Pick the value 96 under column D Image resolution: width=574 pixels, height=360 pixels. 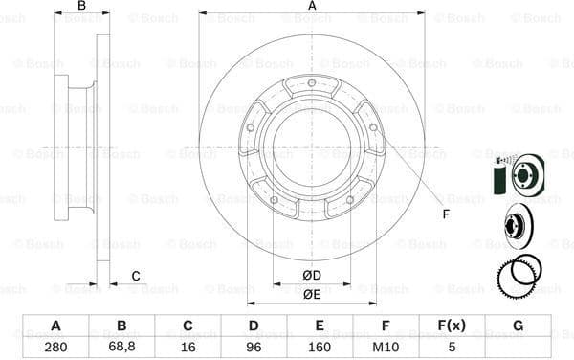(x=254, y=347)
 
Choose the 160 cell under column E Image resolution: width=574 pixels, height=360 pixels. (x=320, y=347)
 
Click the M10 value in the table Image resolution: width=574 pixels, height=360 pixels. (x=386, y=347)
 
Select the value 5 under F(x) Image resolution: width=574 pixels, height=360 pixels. (x=453, y=347)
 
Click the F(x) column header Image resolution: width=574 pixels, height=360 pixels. (x=453, y=326)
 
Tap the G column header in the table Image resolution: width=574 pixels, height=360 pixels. (x=518, y=326)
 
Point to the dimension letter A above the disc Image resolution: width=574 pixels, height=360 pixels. (x=312, y=7)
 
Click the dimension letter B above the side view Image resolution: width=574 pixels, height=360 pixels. (x=82, y=7)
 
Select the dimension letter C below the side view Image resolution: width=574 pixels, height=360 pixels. (x=136, y=276)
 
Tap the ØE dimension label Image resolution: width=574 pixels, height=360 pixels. (x=311, y=294)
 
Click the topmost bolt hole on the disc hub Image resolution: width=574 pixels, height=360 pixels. (x=312, y=83)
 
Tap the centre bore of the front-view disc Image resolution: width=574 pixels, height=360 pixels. (x=312, y=146)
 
